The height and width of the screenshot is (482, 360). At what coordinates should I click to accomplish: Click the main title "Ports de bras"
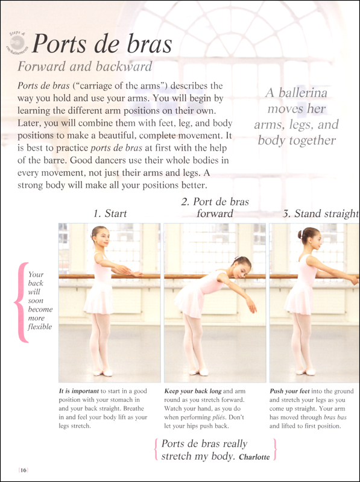[x=102, y=44]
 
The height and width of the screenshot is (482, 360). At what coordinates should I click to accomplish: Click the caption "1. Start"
[x=110, y=213]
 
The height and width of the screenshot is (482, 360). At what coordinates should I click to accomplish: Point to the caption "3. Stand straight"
[x=320, y=213]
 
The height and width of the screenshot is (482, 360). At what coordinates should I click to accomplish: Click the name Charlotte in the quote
[x=253, y=457]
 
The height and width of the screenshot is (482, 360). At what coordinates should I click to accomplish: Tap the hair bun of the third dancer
[x=300, y=234]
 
